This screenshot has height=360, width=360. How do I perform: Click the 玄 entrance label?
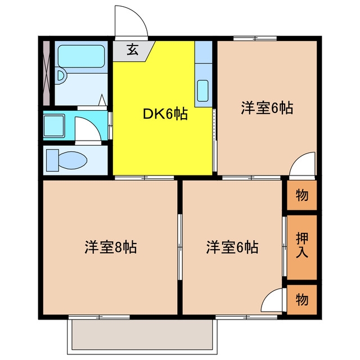pyautogui.click(x=133, y=50)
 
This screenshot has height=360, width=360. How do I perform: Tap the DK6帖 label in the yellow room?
pyautogui.click(x=165, y=114)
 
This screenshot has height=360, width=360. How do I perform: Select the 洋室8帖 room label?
pyautogui.click(x=111, y=247)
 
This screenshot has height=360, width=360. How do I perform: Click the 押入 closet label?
pyautogui.click(x=301, y=245)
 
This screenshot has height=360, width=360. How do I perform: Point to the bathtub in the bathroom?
pyautogui.click(x=81, y=56)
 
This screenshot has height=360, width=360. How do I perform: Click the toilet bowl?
pyautogui.click(x=73, y=160)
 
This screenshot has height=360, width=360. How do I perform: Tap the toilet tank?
pyautogui.click(x=52, y=160)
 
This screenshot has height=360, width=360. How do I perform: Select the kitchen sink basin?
pyautogui.click(x=202, y=91)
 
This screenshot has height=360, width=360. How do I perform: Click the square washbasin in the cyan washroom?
pyautogui.click(x=54, y=126)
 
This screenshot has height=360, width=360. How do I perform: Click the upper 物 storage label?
pyautogui.click(x=302, y=195)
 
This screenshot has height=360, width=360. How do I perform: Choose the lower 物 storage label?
pyautogui.click(x=302, y=299)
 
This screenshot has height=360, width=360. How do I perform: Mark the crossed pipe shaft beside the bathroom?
pyautogui.click(x=47, y=73)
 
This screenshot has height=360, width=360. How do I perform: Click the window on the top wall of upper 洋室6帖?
pyautogui.click(x=255, y=38)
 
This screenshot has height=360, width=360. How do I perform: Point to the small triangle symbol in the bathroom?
pyautogui.click(x=102, y=100)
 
